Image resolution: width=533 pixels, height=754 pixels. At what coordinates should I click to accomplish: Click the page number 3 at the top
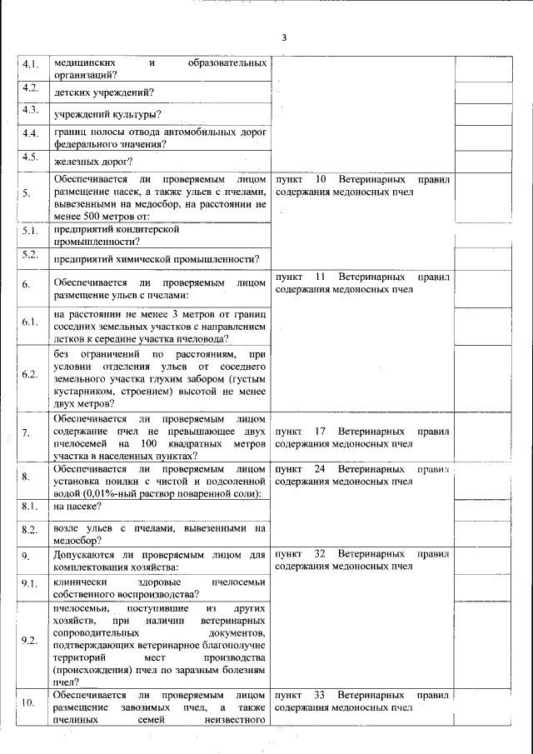coord(284,37)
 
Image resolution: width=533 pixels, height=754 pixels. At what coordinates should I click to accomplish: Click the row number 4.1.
coord(30,64)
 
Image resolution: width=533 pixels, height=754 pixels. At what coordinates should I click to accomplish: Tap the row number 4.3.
coord(30,111)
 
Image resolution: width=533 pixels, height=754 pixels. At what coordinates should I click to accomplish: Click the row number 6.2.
coord(30,373)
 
